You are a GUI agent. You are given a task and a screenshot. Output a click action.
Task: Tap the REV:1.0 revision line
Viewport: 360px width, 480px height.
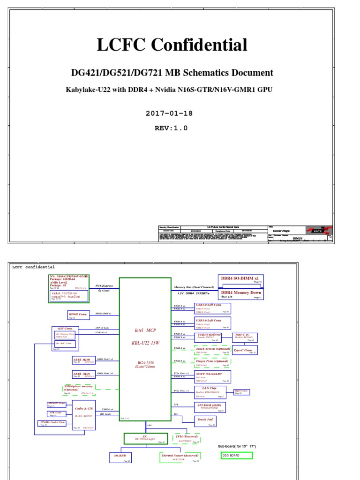[x=171, y=128]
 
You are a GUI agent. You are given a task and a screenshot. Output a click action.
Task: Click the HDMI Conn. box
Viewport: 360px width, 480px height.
[x=78, y=315]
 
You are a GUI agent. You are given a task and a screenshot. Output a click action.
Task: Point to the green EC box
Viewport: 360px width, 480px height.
[x=145, y=438]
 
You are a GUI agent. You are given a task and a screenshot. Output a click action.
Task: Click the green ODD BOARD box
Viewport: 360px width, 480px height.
[x=237, y=455]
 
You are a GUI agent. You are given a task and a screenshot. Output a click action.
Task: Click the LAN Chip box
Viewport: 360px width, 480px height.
[x=210, y=392]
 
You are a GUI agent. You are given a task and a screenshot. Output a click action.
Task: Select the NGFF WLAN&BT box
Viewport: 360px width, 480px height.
[x=212, y=376]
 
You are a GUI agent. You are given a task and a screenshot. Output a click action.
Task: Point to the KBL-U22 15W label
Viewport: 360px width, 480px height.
[x=145, y=343]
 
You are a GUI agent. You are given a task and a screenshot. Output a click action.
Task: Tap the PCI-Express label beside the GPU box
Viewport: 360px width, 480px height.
[x=105, y=285]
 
